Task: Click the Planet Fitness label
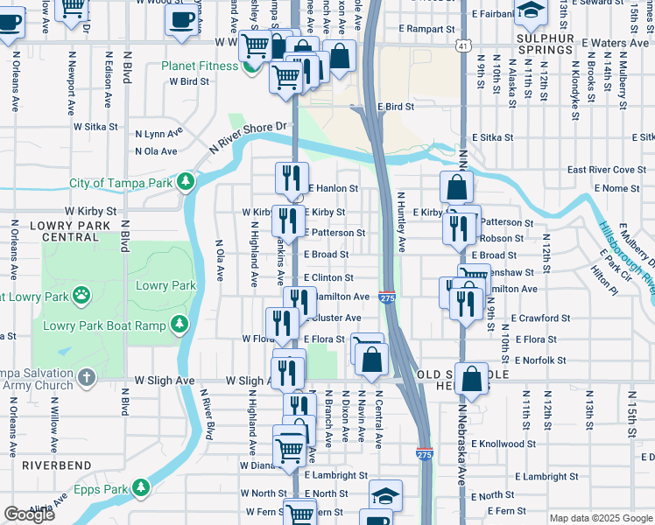click(199, 66)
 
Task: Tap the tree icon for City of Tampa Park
click(186, 182)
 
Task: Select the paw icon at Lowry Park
click(81, 295)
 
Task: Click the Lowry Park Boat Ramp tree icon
click(180, 325)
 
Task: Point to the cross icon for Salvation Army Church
click(86, 377)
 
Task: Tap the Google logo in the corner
click(29, 514)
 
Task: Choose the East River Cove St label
click(607, 170)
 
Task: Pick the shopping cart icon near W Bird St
click(286, 79)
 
